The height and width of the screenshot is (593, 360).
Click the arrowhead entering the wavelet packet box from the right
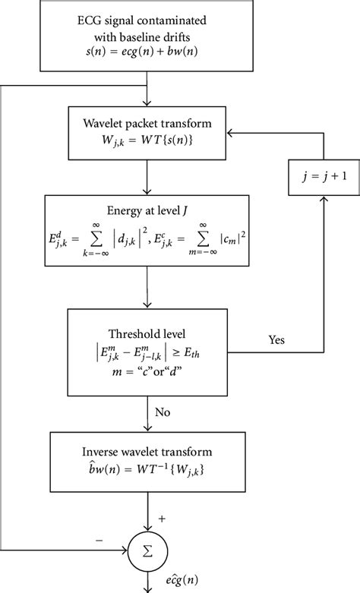click(268, 133)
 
